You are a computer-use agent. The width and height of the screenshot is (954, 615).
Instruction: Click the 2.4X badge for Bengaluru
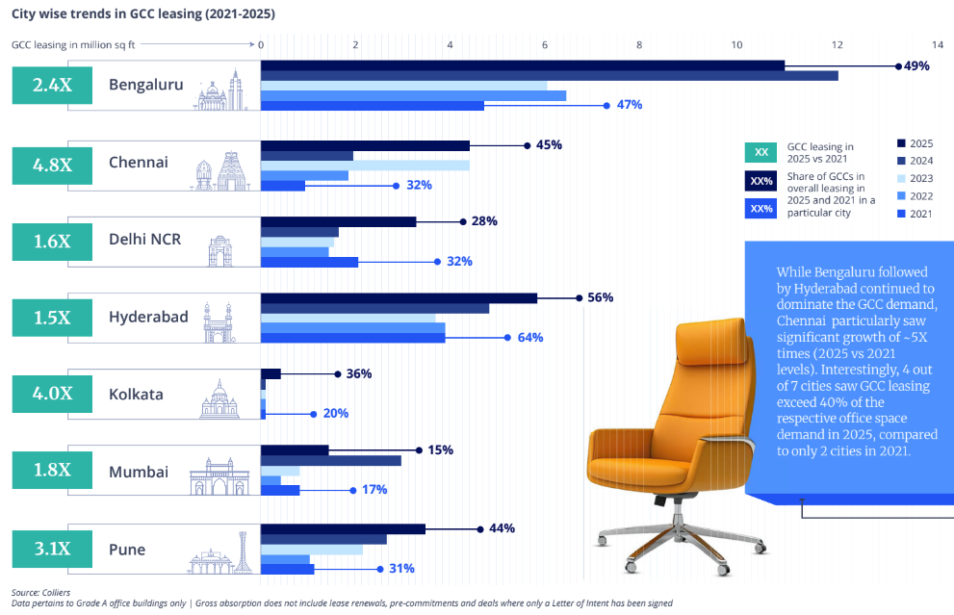(52, 85)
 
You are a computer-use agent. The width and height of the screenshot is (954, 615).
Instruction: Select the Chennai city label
(138, 163)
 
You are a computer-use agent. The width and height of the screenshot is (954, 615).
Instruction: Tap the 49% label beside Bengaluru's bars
(915, 65)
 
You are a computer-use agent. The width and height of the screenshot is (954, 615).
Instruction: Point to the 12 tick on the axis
(837, 44)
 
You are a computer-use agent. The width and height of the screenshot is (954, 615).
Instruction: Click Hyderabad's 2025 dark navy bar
(399, 297)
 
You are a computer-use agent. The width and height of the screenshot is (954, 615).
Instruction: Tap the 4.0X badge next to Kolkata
(52, 394)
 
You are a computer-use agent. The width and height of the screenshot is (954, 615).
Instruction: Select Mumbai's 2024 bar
(331, 460)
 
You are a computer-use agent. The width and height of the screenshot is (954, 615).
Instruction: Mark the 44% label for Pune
(502, 528)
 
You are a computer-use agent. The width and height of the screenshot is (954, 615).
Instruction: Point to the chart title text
(142, 15)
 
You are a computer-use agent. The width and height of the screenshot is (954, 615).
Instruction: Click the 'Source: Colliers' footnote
(40, 592)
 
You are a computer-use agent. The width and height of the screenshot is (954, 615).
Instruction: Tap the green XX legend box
(761, 152)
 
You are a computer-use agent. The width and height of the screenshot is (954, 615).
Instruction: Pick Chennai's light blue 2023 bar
(365, 166)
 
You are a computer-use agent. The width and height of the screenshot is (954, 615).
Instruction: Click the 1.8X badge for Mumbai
(52, 472)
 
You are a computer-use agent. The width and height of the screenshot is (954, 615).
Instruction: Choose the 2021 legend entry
(915, 214)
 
